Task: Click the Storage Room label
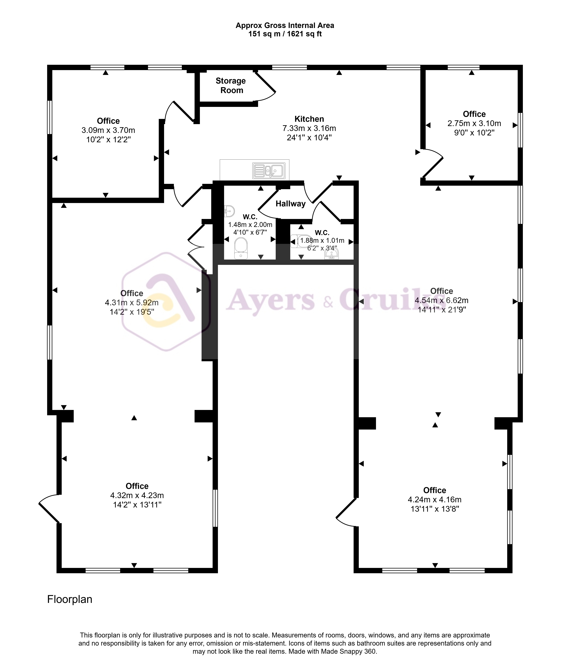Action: click(x=231, y=85)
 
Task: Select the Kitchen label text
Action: click(x=309, y=119)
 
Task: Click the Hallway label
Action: click(x=291, y=204)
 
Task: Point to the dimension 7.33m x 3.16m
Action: click(x=309, y=128)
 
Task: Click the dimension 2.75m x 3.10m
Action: click(x=474, y=123)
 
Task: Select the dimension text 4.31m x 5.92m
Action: click(x=132, y=302)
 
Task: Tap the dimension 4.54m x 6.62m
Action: click(x=441, y=300)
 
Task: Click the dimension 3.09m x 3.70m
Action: click(x=108, y=130)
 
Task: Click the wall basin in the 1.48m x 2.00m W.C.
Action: click(x=229, y=211)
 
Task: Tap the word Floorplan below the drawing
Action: click(x=70, y=599)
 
